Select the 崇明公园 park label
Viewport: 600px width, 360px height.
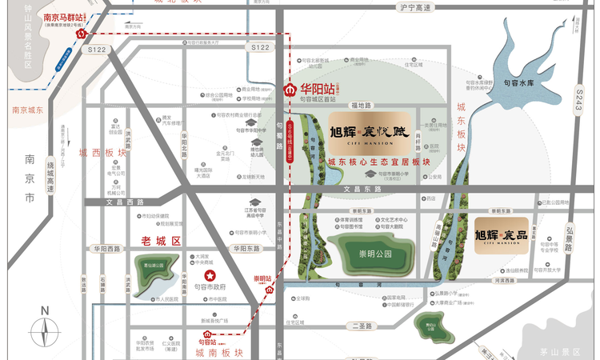pos(371,253)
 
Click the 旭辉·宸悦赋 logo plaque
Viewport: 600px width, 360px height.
pos(370,133)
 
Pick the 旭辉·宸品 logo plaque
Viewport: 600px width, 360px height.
pos(501,234)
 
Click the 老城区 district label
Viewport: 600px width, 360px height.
pos(162,240)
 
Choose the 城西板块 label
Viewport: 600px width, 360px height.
pos(103,152)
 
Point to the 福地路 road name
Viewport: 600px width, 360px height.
pos(362,105)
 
